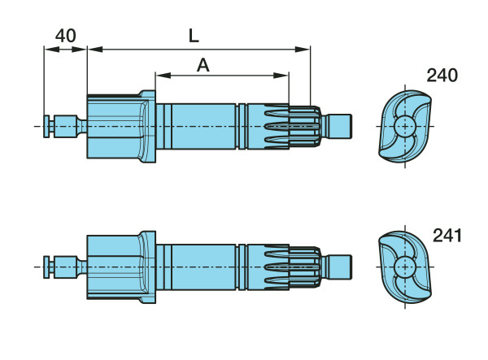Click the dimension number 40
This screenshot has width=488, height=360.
[x=65, y=36]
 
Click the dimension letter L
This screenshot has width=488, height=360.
[x=194, y=36]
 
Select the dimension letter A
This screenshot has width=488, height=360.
[x=203, y=65]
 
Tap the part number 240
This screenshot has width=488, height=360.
[x=442, y=76]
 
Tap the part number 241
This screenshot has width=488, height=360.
[x=447, y=236]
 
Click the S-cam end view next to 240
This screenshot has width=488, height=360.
[x=405, y=126]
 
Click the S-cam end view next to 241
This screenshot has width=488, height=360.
[x=405, y=267]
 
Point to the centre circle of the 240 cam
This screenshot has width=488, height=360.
[x=405, y=126]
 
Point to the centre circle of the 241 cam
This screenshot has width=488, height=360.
[x=405, y=267]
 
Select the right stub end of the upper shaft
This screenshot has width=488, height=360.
[x=340, y=126]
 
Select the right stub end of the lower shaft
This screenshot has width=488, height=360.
[x=340, y=267]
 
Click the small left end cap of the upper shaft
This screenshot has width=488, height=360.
[x=46, y=126]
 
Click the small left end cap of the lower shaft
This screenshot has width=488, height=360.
[x=46, y=267]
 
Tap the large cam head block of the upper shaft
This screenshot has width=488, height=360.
[x=121, y=126]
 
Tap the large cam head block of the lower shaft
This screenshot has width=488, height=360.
[x=121, y=267]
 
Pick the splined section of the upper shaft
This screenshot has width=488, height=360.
[x=292, y=126]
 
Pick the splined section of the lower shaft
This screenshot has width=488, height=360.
[x=292, y=267]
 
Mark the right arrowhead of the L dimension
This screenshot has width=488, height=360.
[x=303, y=49]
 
